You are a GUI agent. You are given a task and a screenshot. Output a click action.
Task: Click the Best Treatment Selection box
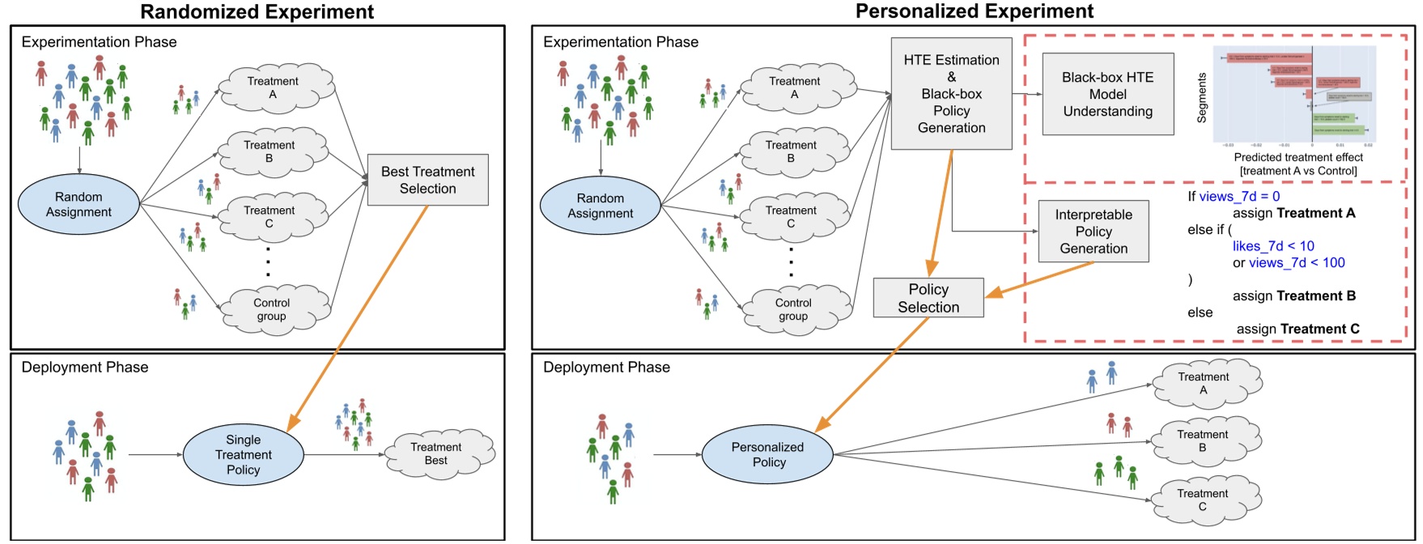(x=427, y=180)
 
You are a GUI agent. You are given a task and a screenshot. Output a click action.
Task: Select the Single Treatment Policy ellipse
(x=243, y=454)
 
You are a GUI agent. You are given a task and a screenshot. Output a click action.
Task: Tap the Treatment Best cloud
(x=437, y=454)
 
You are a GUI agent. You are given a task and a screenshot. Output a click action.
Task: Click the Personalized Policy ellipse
(x=767, y=454)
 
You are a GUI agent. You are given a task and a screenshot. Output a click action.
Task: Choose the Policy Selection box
(x=928, y=298)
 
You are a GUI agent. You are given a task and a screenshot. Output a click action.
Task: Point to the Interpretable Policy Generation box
(x=1093, y=232)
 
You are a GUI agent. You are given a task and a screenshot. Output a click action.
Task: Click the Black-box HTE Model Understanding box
(x=1107, y=94)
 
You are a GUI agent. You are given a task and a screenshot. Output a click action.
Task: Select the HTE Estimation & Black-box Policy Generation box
(x=951, y=94)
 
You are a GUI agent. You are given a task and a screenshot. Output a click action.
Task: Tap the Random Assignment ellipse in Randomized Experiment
(x=79, y=204)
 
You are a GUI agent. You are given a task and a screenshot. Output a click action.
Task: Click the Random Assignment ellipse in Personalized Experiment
(x=600, y=206)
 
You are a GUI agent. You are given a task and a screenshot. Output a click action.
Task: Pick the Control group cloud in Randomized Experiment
(x=273, y=309)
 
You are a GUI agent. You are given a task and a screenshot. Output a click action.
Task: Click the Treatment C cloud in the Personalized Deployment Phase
(x=1204, y=499)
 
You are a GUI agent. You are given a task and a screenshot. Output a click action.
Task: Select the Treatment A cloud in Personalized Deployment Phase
(x=1204, y=383)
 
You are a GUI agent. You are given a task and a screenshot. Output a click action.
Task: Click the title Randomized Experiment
(x=257, y=11)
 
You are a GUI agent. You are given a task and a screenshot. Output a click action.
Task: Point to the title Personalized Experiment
(x=974, y=11)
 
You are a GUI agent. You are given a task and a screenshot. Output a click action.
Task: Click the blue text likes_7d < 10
(x=1272, y=246)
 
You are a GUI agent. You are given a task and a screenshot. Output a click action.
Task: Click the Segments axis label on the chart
(x=1201, y=98)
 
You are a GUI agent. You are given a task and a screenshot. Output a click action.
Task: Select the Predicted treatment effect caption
(x=1298, y=157)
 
